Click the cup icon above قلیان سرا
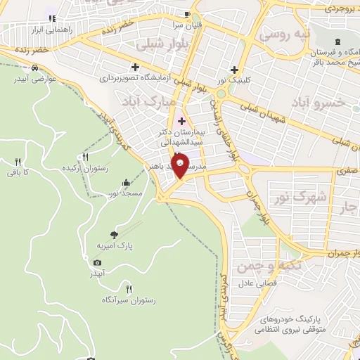click(186, 14)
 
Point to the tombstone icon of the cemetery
click(339, 41)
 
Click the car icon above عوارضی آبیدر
click(34, 68)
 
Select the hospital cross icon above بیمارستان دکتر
click(181, 121)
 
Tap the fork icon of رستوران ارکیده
click(86, 157)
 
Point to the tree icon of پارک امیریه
click(115, 234)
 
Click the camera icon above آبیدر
click(97, 262)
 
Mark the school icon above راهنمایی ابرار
click(51, 18)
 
